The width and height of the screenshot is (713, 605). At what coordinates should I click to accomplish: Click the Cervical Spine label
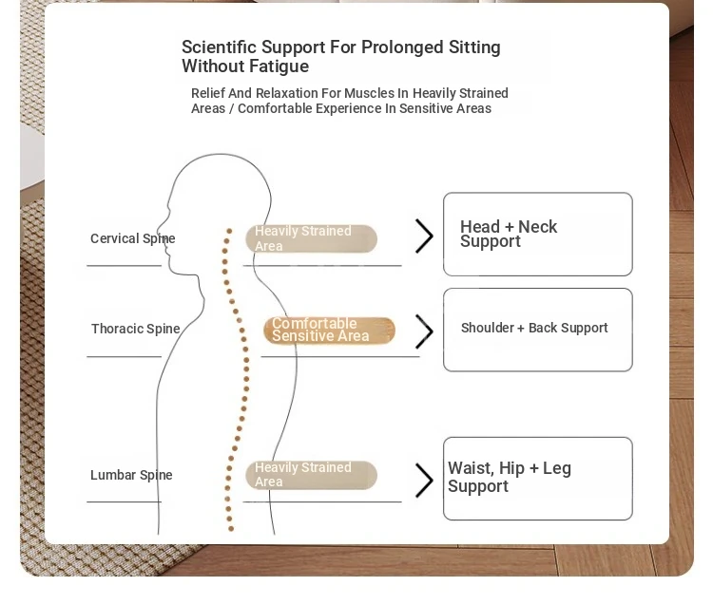coord(133,238)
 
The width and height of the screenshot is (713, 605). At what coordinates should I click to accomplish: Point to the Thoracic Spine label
coord(136,329)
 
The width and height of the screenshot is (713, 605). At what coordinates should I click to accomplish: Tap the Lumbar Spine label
coord(131,475)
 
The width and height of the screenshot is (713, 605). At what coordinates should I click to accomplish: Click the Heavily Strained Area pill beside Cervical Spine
coord(312,238)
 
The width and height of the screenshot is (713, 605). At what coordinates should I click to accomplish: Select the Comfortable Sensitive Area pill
coord(329,331)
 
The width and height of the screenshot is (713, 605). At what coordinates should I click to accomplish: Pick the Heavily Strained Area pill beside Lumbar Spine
coord(312,475)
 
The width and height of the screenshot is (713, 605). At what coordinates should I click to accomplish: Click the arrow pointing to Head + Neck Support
coord(424,236)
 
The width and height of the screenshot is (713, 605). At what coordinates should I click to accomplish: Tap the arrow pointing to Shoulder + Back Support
coord(424,331)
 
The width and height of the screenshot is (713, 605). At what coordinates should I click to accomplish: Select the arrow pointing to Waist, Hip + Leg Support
coord(424,480)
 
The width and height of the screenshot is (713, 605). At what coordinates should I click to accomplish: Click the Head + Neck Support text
coord(509,234)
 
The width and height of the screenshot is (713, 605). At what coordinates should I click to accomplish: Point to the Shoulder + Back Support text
coord(534,328)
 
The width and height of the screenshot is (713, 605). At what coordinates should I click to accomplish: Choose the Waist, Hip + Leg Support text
coord(510,477)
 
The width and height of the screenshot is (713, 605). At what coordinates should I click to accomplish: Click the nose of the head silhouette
coord(158,228)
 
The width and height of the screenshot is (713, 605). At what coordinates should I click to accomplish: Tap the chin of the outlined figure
coord(172,270)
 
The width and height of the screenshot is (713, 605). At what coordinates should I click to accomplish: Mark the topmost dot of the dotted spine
coord(229,231)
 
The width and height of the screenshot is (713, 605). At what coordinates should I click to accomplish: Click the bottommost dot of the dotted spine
coord(231,529)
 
